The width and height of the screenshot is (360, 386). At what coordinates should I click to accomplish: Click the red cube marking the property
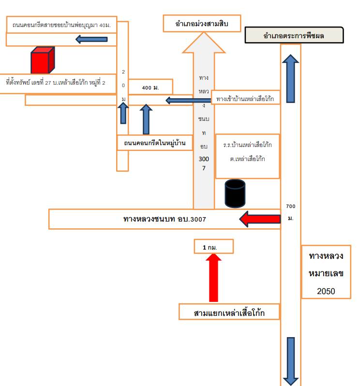click(x=43, y=60)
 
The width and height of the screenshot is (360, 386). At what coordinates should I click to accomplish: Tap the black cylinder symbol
click(x=235, y=193)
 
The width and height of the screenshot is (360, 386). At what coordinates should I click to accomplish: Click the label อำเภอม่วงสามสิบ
click(x=202, y=24)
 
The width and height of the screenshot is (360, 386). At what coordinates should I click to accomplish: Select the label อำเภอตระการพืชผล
click(x=294, y=36)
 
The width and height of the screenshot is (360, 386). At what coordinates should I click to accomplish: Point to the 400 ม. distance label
click(x=150, y=88)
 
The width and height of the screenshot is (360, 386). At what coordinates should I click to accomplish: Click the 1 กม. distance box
click(x=213, y=246)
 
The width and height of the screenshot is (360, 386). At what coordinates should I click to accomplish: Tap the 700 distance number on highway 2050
click(x=290, y=206)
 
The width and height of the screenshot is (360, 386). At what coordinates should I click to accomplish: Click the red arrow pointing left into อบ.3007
click(x=260, y=219)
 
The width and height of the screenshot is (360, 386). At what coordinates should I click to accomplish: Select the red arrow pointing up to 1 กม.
click(x=213, y=278)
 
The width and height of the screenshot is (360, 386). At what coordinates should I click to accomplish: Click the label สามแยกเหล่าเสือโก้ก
click(x=229, y=313)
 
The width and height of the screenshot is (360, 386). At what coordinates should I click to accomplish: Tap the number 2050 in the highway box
click(x=326, y=291)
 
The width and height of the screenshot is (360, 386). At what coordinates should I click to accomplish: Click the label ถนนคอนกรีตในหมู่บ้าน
click(x=155, y=143)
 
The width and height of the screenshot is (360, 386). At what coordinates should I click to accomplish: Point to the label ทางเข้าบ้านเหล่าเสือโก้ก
click(x=245, y=99)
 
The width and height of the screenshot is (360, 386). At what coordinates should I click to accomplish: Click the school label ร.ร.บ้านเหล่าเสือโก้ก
click(x=247, y=145)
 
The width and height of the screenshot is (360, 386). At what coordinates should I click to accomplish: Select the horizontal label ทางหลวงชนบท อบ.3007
click(x=165, y=219)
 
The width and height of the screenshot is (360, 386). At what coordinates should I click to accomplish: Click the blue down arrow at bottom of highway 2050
click(x=291, y=361)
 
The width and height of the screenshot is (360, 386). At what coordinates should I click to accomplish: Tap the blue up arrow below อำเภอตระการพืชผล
click(x=290, y=78)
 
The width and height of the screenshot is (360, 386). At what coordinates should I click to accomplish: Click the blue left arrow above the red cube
click(x=91, y=39)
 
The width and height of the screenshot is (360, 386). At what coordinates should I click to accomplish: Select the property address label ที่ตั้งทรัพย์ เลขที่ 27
click(x=56, y=82)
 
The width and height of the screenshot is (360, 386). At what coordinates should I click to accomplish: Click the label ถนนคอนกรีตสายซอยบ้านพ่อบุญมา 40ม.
click(x=61, y=25)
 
